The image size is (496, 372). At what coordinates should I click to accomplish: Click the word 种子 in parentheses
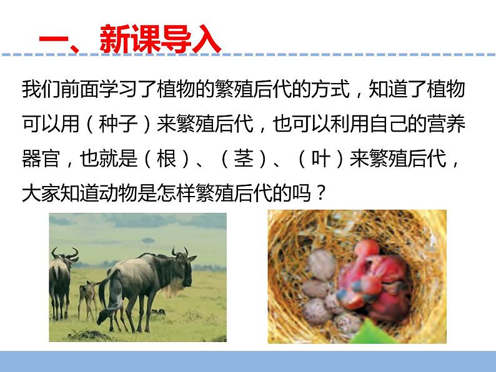[x=116, y=124]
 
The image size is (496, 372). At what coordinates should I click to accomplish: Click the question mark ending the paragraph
[x=319, y=193]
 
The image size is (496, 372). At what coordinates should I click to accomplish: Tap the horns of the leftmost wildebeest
[x=64, y=253]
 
